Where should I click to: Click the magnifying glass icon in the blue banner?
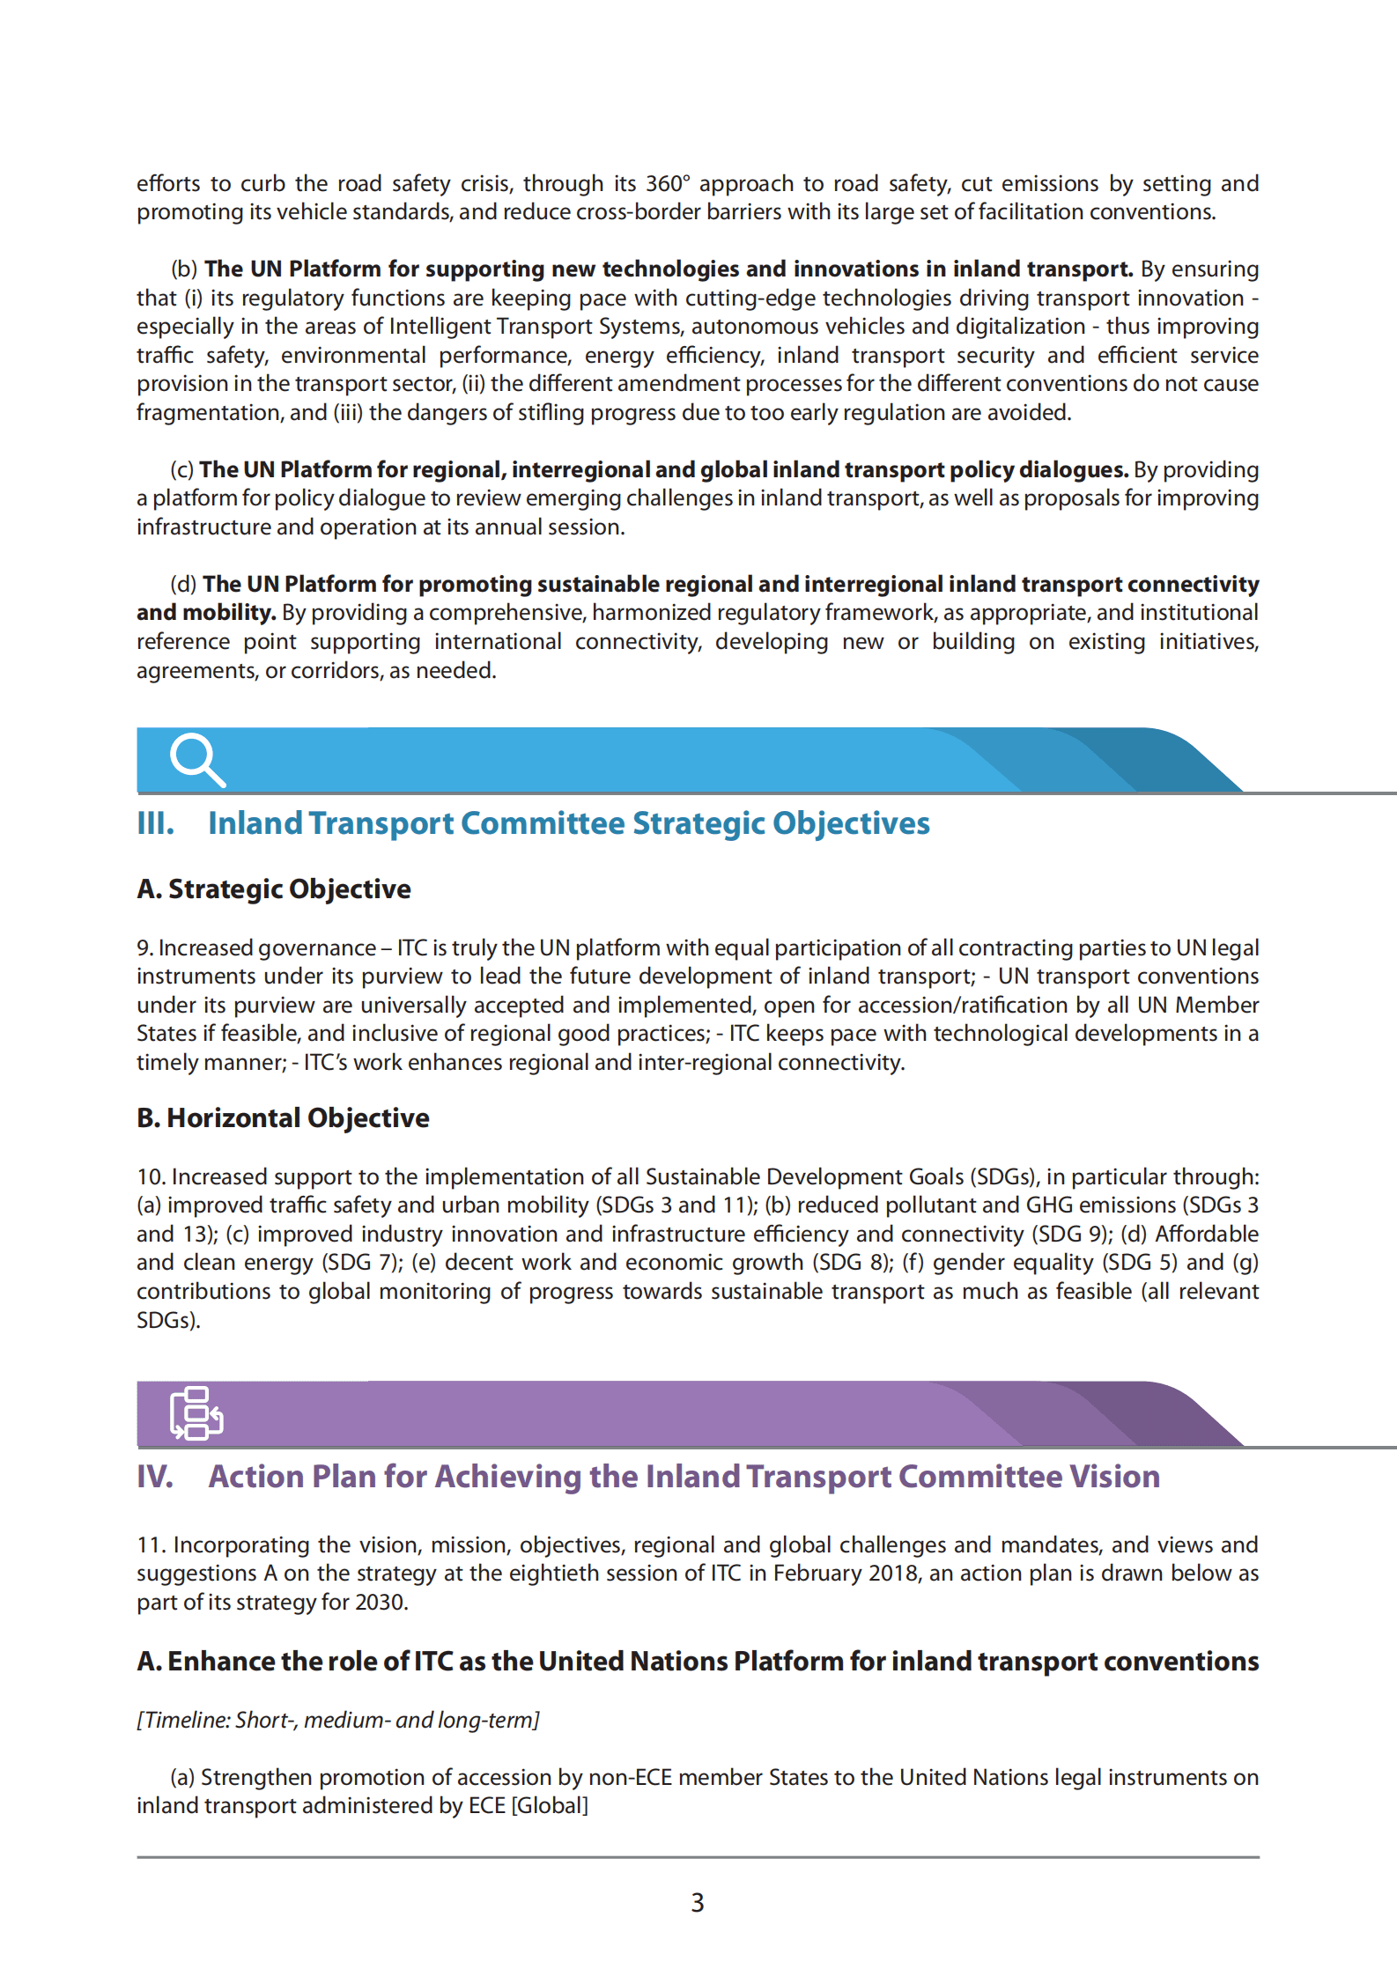[x=197, y=759]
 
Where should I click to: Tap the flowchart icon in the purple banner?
[x=196, y=1412]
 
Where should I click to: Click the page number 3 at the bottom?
[x=697, y=1903]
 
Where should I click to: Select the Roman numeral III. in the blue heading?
[x=155, y=823]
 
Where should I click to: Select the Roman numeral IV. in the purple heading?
[x=155, y=1477]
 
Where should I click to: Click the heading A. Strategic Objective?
[x=274, y=889]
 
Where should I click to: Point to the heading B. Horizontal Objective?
[x=283, y=1118]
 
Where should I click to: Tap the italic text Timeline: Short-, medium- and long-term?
[x=338, y=1720]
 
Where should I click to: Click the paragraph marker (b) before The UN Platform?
[x=184, y=269]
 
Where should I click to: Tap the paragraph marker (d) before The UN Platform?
[x=183, y=585]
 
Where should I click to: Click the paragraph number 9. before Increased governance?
[x=144, y=948]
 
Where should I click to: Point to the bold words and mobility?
[x=206, y=613]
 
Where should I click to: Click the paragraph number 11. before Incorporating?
[x=151, y=1545]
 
